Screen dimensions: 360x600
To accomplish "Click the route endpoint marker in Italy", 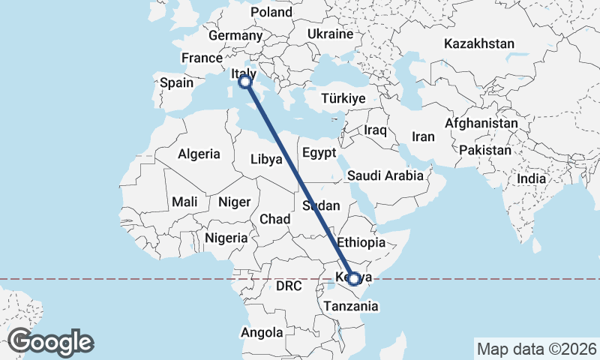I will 244,82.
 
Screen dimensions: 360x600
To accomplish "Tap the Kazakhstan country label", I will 478,43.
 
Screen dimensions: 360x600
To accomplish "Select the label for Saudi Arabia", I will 385,175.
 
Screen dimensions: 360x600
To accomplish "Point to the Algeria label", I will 199,154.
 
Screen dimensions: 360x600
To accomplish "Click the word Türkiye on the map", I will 343,98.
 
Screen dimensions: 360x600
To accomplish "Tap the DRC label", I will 288,286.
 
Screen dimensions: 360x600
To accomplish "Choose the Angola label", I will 262,331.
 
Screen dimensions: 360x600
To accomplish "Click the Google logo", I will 51,342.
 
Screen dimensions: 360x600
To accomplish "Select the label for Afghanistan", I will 481,123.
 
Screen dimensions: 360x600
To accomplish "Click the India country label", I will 532,179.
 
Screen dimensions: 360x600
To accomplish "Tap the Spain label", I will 176,82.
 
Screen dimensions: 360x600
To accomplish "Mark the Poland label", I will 271,12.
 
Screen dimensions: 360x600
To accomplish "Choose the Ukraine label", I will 330,34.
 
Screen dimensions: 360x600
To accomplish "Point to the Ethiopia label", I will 361,243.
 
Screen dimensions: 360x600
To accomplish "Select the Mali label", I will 184,202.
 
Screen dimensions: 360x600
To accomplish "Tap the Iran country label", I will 424,137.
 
